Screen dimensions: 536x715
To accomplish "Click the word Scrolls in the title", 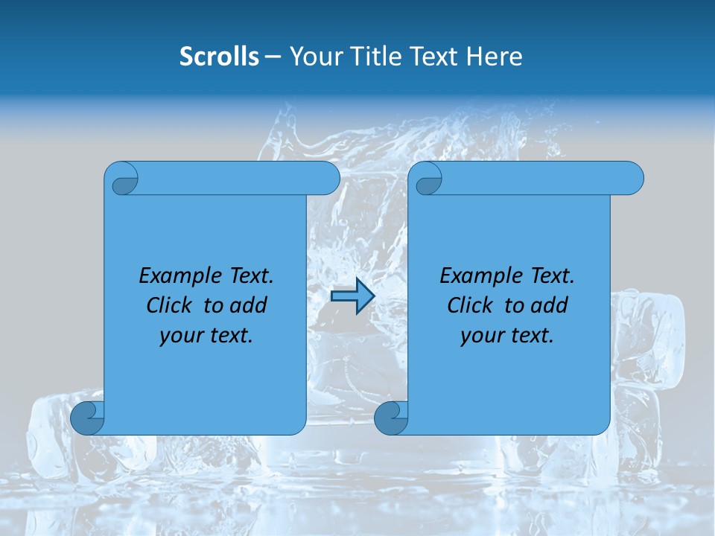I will [x=219, y=57].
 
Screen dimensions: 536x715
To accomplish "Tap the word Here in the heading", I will [x=494, y=57].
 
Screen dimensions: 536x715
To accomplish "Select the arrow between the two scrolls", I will [x=352, y=297].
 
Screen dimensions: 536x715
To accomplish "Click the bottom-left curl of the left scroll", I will [x=87, y=418].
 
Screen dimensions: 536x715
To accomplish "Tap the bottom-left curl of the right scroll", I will [x=391, y=418].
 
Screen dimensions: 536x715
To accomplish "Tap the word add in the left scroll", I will [x=247, y=305].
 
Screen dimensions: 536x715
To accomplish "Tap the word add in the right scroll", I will [x=548, y=305].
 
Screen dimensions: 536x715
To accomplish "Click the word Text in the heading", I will [x=433, y=57].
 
